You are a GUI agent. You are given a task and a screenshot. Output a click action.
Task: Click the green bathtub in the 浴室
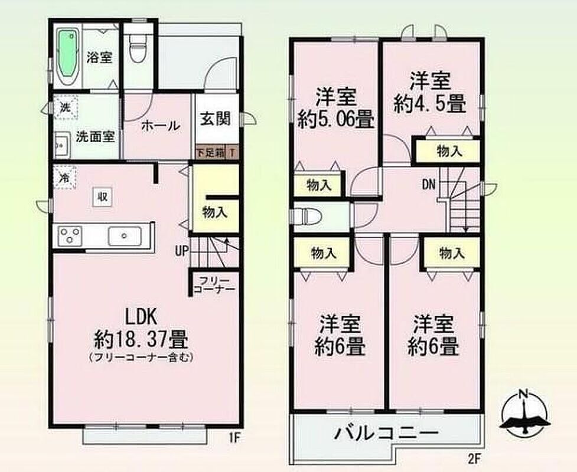[x=69, y=53]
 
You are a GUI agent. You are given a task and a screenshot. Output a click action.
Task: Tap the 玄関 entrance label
[x=216, y=119]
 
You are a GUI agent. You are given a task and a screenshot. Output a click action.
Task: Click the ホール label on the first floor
[x=161, y=126]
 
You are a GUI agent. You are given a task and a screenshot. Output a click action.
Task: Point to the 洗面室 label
[x=95, y=137]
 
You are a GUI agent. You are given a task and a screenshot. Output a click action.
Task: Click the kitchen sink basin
[x=125, y=236]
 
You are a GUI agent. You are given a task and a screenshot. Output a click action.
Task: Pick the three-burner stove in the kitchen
[x=71, y=235]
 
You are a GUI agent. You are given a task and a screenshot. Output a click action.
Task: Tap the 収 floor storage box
[x=102, y=196]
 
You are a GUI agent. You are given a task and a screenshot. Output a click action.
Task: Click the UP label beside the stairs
[x=181, y=251]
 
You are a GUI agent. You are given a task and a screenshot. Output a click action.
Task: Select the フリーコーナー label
[x=214, y=284]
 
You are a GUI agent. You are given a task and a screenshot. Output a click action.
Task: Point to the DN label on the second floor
[x=428, y=185]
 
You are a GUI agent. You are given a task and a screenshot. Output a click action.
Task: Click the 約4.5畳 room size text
[x=430, y=103]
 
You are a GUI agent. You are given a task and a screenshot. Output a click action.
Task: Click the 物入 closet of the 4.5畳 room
[x=448, y=151]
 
